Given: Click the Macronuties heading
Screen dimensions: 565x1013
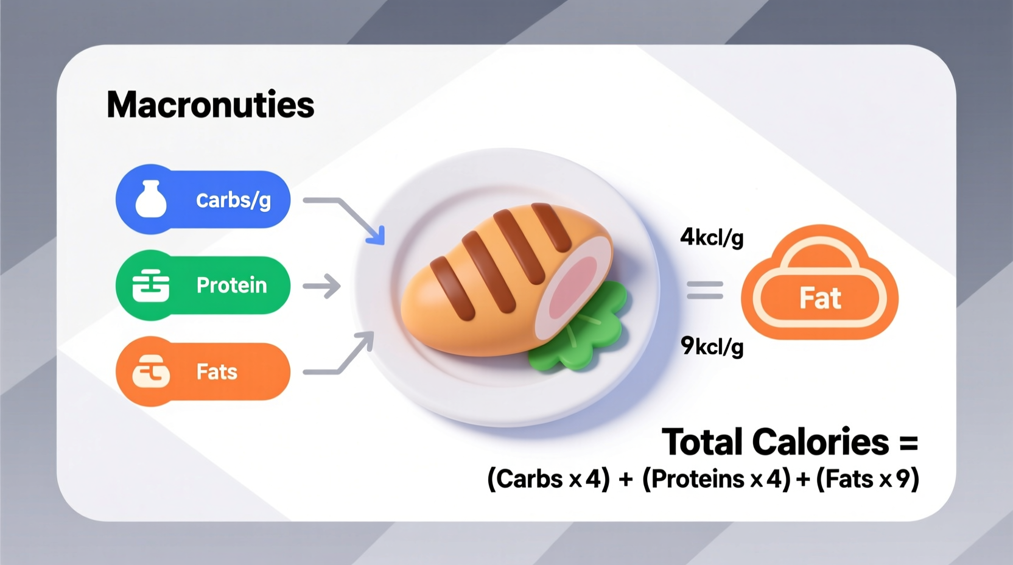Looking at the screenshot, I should (x=210, y=105).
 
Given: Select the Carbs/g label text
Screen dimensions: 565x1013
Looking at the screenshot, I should (x=233, y=200).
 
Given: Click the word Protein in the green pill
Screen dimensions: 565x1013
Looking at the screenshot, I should (x=231, y=285).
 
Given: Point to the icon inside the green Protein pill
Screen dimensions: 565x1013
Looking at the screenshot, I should (x=151, y=286).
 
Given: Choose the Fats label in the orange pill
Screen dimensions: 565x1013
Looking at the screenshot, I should (x=217, y=371).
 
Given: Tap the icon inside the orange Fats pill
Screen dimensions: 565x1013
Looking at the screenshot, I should (x=151, y=371).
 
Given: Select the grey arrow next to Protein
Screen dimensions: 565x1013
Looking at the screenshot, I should (x=323, y=286).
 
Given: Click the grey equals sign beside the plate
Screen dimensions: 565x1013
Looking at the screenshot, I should (x=705, y=290).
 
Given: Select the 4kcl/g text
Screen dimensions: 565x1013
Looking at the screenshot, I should (x=712, y=237).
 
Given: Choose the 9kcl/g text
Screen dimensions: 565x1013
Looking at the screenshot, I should (x=712, y=346).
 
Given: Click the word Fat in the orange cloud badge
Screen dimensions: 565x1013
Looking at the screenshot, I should (x=819, y=298).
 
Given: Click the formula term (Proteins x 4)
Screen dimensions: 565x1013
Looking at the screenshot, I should (x=716, y=479).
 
